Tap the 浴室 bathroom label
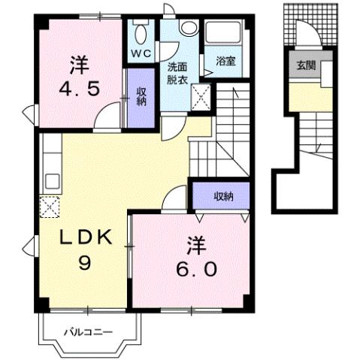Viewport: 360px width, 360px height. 225,62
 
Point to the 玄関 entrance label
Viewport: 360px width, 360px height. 305,65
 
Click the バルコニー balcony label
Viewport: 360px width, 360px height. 87,331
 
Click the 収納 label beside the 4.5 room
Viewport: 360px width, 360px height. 141,96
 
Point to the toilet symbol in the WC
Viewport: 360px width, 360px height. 140,32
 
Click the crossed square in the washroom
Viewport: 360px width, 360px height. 201,96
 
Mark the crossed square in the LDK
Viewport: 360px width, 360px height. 49,205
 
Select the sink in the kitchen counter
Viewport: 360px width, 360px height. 52,180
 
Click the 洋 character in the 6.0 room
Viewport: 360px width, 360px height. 192,244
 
